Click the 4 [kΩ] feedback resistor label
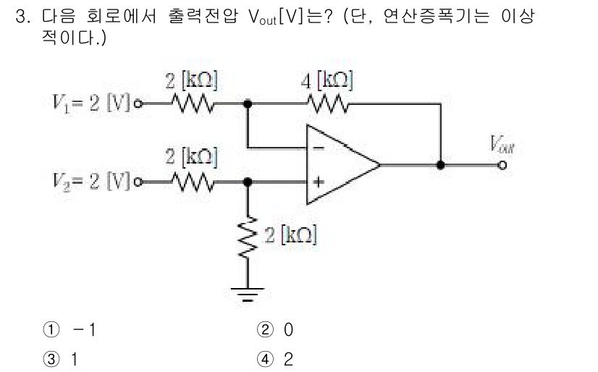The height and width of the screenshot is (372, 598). tap(327, 80)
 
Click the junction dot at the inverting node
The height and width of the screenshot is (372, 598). tap(248, 103)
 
